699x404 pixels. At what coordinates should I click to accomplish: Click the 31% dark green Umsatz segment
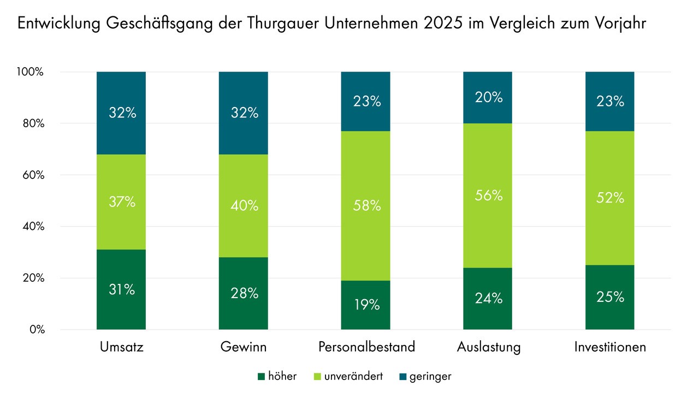pos(121,289)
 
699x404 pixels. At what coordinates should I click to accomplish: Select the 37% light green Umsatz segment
pos(121,202)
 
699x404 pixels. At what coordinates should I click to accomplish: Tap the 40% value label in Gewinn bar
pos(244,206)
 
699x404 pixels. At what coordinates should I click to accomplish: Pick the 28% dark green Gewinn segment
pos(244,293)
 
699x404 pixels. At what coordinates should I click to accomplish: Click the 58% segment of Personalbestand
pos(366,206)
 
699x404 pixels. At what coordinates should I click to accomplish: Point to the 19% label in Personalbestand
pos(366,305)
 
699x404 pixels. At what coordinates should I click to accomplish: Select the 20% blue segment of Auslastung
pos(488,97)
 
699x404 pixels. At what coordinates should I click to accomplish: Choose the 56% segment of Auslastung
pos(488,195)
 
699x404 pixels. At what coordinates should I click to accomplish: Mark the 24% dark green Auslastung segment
pos(488,298)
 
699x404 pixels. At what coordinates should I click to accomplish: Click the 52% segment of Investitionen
pos(610,198)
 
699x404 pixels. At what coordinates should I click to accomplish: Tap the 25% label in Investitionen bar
pos(610,297)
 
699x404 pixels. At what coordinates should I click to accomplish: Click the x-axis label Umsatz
pos(121,347)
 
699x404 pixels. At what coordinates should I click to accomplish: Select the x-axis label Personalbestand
pos(366,347)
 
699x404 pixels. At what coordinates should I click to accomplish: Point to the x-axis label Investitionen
pos(610,347)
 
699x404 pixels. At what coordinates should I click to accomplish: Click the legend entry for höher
pos(277,376)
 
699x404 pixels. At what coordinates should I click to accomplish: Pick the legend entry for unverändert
pos(348,376)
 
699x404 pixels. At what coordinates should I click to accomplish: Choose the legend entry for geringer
pos(424,376)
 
